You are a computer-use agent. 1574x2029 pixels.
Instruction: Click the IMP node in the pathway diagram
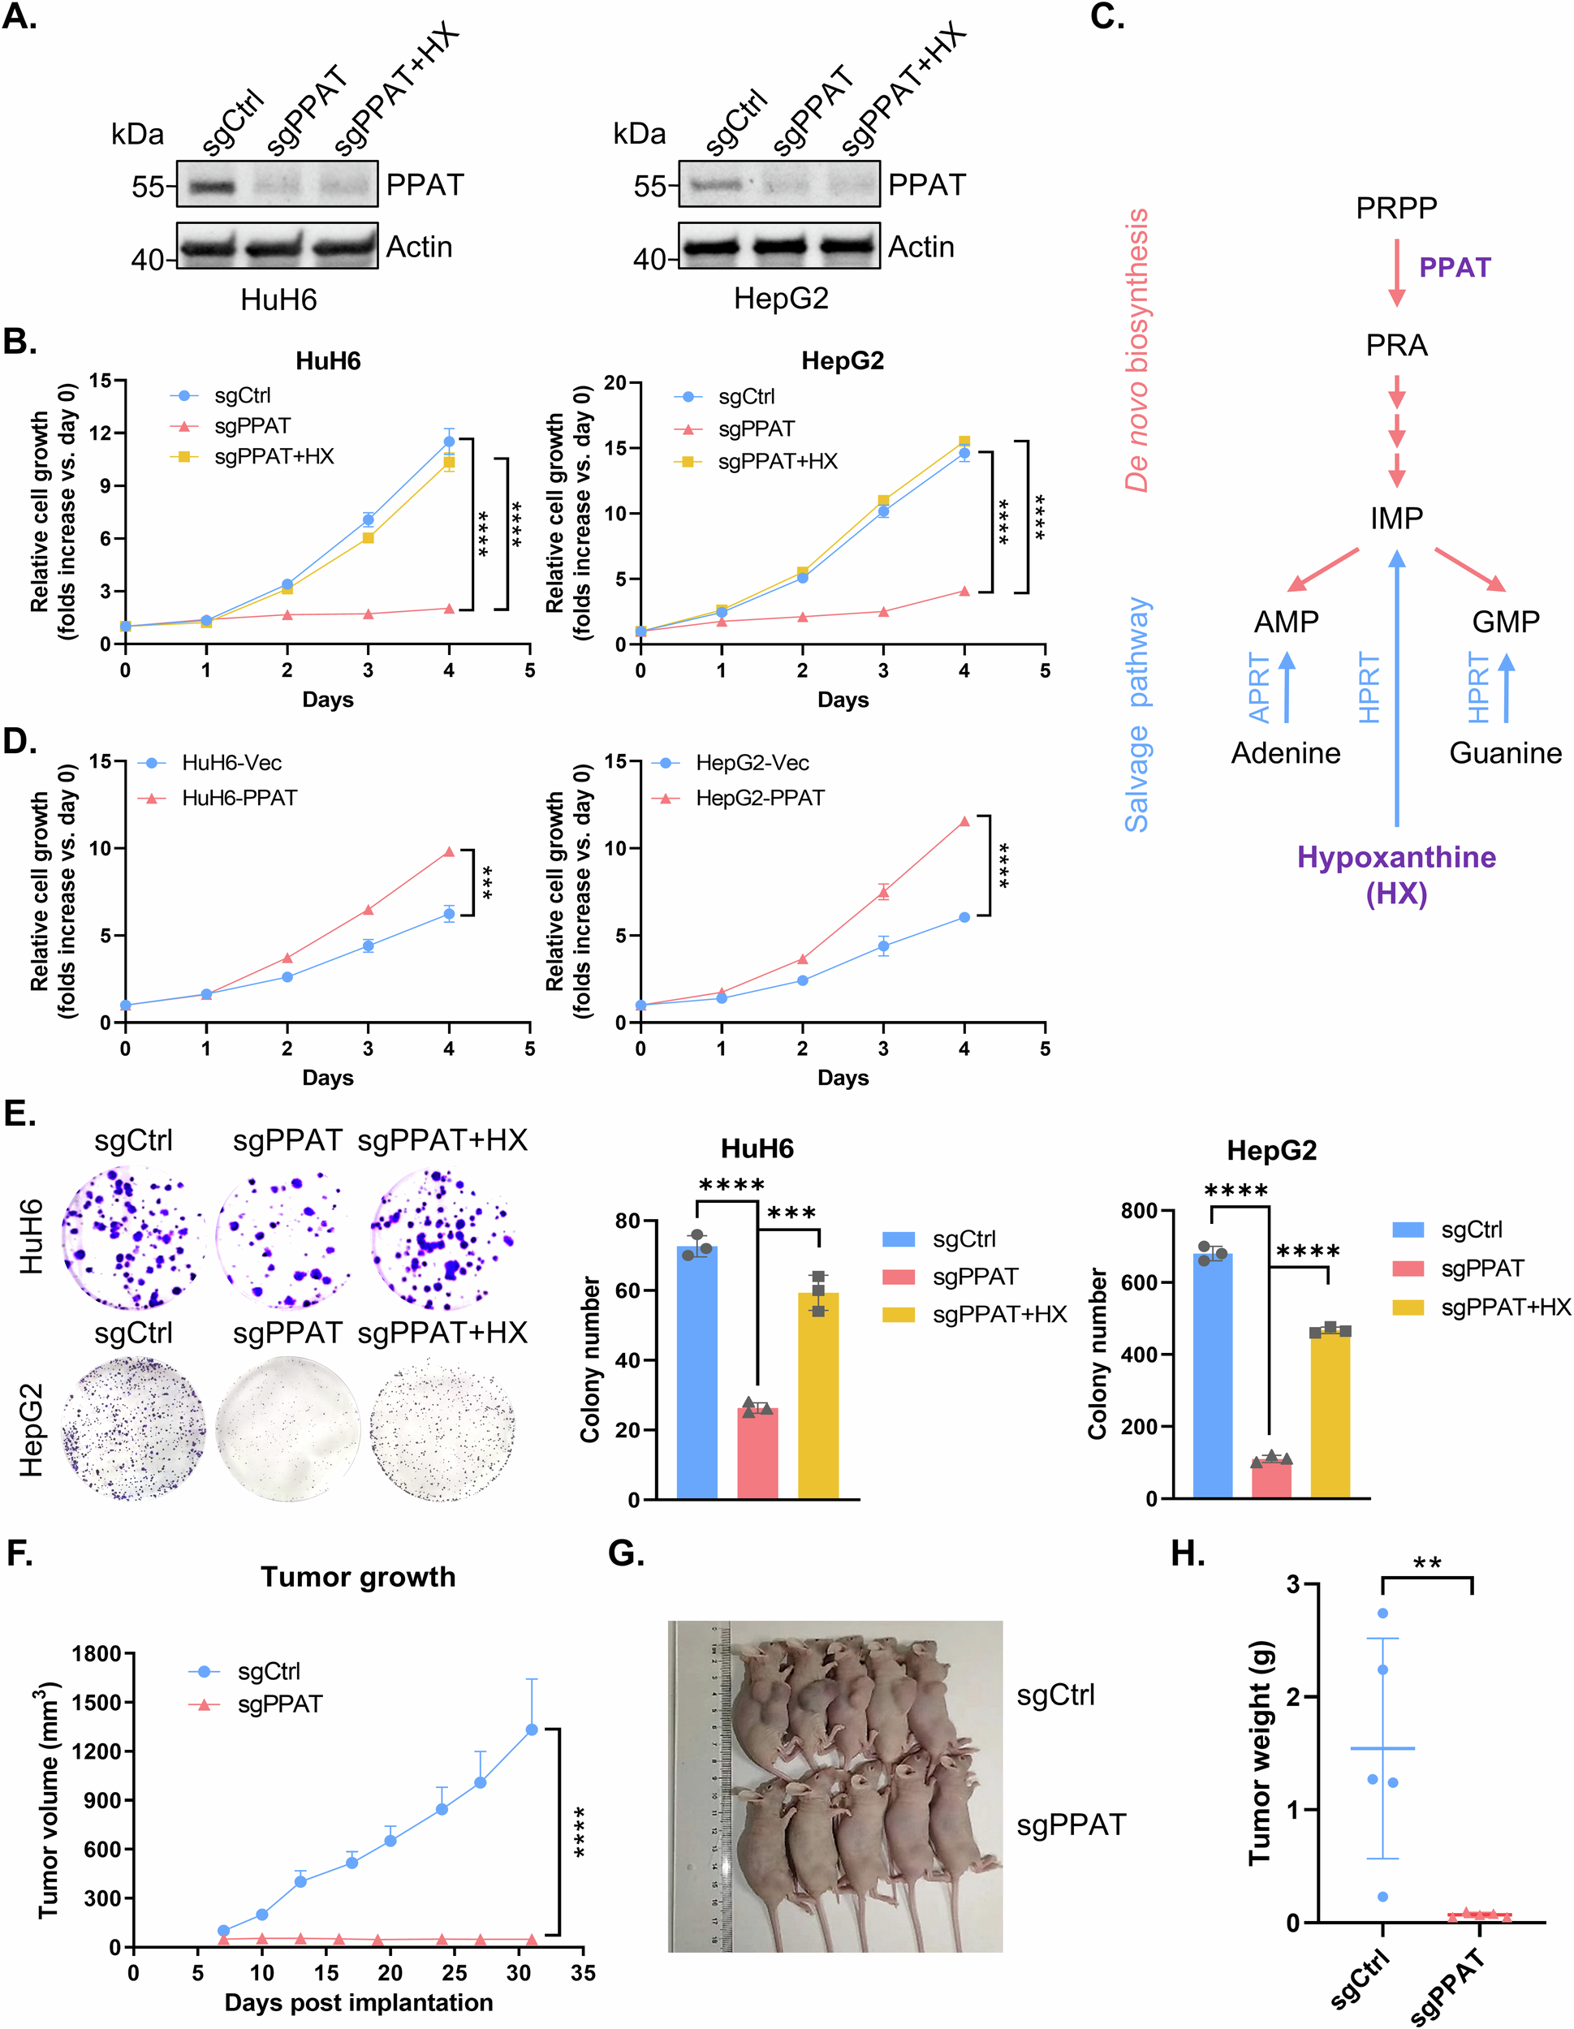(x=1395, y=518)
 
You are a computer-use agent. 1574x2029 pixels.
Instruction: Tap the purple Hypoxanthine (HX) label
(x=1395, y=874)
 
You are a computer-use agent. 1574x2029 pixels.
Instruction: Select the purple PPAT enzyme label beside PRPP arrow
(x=1454, y=268)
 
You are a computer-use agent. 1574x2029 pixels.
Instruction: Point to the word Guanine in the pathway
(x=1504, y=752)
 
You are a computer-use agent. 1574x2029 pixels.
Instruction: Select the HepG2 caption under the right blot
(x=780, y=298)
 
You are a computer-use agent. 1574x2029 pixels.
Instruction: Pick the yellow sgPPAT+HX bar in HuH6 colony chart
(x=817, y=1394)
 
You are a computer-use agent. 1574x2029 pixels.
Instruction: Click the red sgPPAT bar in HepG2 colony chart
(x=1271, y=1478)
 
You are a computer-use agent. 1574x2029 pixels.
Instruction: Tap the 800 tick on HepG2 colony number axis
(x=1138, y=1211)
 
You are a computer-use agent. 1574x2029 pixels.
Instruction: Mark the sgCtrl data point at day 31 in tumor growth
(x=532, y=1729)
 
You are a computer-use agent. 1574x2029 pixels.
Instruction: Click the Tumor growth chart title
(x=358, y=1577)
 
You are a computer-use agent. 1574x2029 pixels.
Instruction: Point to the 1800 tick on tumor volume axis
(x=97, y=1654)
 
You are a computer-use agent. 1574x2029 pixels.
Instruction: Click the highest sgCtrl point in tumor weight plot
(x=1382, y=1613)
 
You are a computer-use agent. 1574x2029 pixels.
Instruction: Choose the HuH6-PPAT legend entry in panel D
(x=239, y=798)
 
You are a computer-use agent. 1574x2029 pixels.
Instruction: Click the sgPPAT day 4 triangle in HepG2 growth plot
(x=964, y=591)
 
